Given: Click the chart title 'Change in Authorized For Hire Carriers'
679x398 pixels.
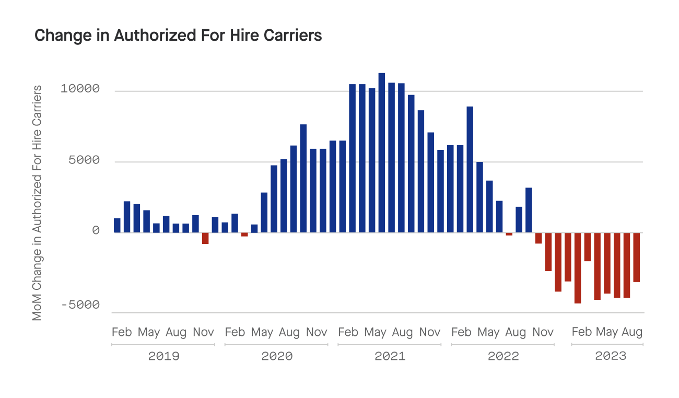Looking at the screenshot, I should click(x=178, y=35).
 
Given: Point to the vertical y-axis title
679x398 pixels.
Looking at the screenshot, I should click(x=37, y=203).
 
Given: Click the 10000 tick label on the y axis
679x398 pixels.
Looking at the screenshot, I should click(x=80, y=89).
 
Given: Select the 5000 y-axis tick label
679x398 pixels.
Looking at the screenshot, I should click(x=84, y=160).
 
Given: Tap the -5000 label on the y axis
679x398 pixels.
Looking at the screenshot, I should click(x=80, y=305).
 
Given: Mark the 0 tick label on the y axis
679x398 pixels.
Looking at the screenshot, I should click(x=96, y=230).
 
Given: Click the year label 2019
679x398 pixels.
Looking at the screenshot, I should click(x=163, y=356).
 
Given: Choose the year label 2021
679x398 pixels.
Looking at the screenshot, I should click(x=390, y=356).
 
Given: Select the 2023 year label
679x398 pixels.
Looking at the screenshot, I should click(x=611, y=356).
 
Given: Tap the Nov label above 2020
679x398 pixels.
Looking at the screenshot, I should click(x=317, y=332).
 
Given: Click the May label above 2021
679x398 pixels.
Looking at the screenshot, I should click(x=375, y=332).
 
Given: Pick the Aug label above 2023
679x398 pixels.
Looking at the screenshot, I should click(x=632, y=332).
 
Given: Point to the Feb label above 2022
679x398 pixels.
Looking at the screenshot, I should click(x=461, y=332).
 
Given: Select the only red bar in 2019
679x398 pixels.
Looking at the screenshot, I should click(x=205, y=238).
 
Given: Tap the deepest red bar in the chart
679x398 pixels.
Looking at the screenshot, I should click(x=578, y=268).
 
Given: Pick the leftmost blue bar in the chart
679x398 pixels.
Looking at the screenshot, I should click(x=117, y=225).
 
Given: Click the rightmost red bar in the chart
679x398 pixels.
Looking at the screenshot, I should click(x=637, y=257).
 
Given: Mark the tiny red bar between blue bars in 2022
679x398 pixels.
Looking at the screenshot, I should click(x=509, y=234).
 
